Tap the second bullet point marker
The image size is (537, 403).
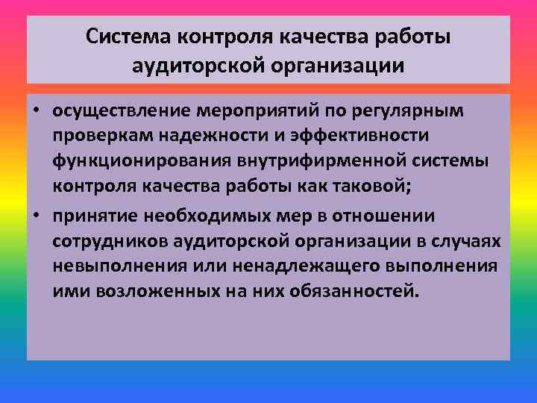coord(37,216)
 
